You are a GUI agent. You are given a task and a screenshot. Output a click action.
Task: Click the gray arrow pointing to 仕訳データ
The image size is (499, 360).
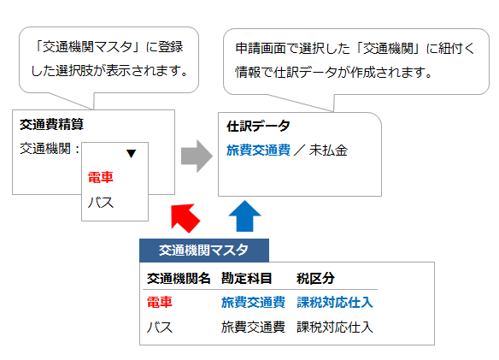197,156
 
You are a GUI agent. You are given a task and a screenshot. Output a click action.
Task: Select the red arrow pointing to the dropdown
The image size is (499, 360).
185,218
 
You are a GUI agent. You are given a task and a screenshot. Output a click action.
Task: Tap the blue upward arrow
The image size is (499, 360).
244,216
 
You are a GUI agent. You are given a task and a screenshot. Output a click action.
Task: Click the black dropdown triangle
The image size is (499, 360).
131,154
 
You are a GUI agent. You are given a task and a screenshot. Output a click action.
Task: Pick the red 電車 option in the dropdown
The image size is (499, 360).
101,177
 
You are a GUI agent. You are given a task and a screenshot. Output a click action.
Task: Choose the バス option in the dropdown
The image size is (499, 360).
101,203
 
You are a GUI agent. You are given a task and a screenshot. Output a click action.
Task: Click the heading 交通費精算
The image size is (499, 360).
51,124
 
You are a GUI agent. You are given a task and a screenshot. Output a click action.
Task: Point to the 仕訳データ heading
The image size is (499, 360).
258,127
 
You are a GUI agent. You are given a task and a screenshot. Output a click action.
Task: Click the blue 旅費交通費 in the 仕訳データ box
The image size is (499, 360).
258,150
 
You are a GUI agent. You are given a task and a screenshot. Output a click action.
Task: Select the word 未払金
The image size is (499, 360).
328,150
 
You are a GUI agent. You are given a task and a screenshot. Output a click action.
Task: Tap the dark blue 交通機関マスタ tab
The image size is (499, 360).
204,251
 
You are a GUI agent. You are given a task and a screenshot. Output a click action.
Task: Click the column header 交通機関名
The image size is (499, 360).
179,279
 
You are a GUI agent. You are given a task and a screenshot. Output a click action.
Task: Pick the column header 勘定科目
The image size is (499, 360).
247,279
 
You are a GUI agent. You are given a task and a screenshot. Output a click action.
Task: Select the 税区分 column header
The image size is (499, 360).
315,279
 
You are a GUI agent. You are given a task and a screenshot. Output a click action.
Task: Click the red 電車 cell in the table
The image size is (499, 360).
160,302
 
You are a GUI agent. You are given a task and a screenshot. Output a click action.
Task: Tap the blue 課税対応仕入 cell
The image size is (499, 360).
335,302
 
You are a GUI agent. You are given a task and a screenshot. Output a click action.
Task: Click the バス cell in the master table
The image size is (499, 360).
160,328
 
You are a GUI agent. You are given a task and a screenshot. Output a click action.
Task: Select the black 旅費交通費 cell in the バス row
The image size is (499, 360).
253,328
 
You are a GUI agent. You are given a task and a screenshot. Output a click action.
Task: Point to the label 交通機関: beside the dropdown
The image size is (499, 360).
50,149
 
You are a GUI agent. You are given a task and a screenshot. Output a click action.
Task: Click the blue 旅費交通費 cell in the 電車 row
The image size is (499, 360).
253,302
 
